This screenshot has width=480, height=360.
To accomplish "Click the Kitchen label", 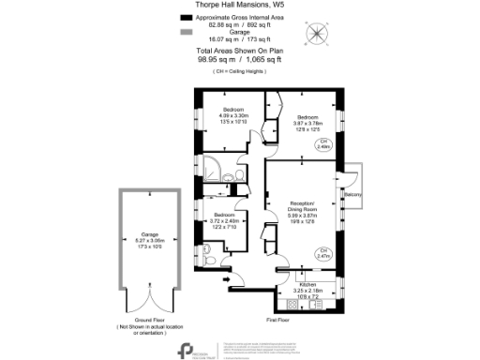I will coord(307,284).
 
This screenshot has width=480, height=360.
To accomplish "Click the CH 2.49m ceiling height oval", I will coord(323,145).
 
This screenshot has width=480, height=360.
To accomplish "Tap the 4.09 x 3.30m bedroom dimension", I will coord(232,115).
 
